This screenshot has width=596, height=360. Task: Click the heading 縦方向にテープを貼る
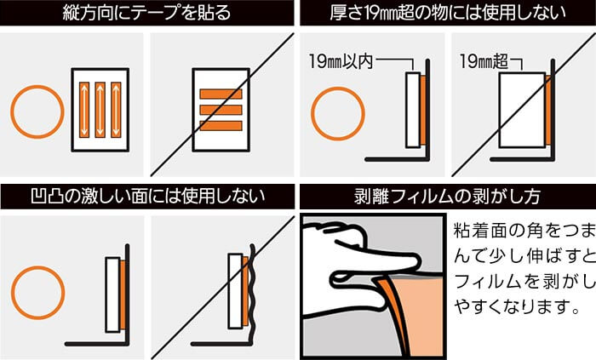click(146, 12)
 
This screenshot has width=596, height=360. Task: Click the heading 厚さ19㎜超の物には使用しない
click(447, 12)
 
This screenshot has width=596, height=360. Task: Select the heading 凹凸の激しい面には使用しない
click(147, 196)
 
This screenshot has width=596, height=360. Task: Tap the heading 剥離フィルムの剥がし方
click(447, 196)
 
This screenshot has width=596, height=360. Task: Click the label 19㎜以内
click(341, 61)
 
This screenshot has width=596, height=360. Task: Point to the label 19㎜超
click(484, 60)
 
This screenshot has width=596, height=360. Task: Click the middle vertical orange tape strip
click(100, 110)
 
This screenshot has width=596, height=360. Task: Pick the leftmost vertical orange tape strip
click(84, 110)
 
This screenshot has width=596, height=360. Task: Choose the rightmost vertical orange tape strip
click(116, 110)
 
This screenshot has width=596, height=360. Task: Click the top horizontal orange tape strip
click(221, 94)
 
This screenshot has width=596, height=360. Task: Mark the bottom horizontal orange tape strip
click(221, 126)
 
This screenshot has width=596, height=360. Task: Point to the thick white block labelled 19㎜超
click(522, 110)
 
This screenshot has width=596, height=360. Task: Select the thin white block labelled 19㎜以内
click(413, 110)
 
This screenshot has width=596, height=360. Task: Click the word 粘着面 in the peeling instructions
click(481, 231)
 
